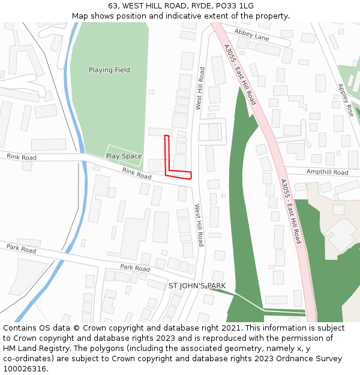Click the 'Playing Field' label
pyautogui.click(x=109, y=70)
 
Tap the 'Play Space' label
pyautogui.click(x=124, y=156)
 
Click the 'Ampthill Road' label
pyautogui.click(x=327, y=172)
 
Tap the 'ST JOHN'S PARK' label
pyautogui.click(x=197, y=286)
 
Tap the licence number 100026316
pyautogui.click(x=25, y=369)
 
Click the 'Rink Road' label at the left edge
pyautogui.click(x=21, y=157)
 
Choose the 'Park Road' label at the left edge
pyautogui.click(x=21, y=248)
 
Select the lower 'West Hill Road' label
pyautogui.click(x=199, y=225)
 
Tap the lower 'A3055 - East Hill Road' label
pyautogui.click(x=290, y=211)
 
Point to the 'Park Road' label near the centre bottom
pyautogui.click(x=134, y=268)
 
